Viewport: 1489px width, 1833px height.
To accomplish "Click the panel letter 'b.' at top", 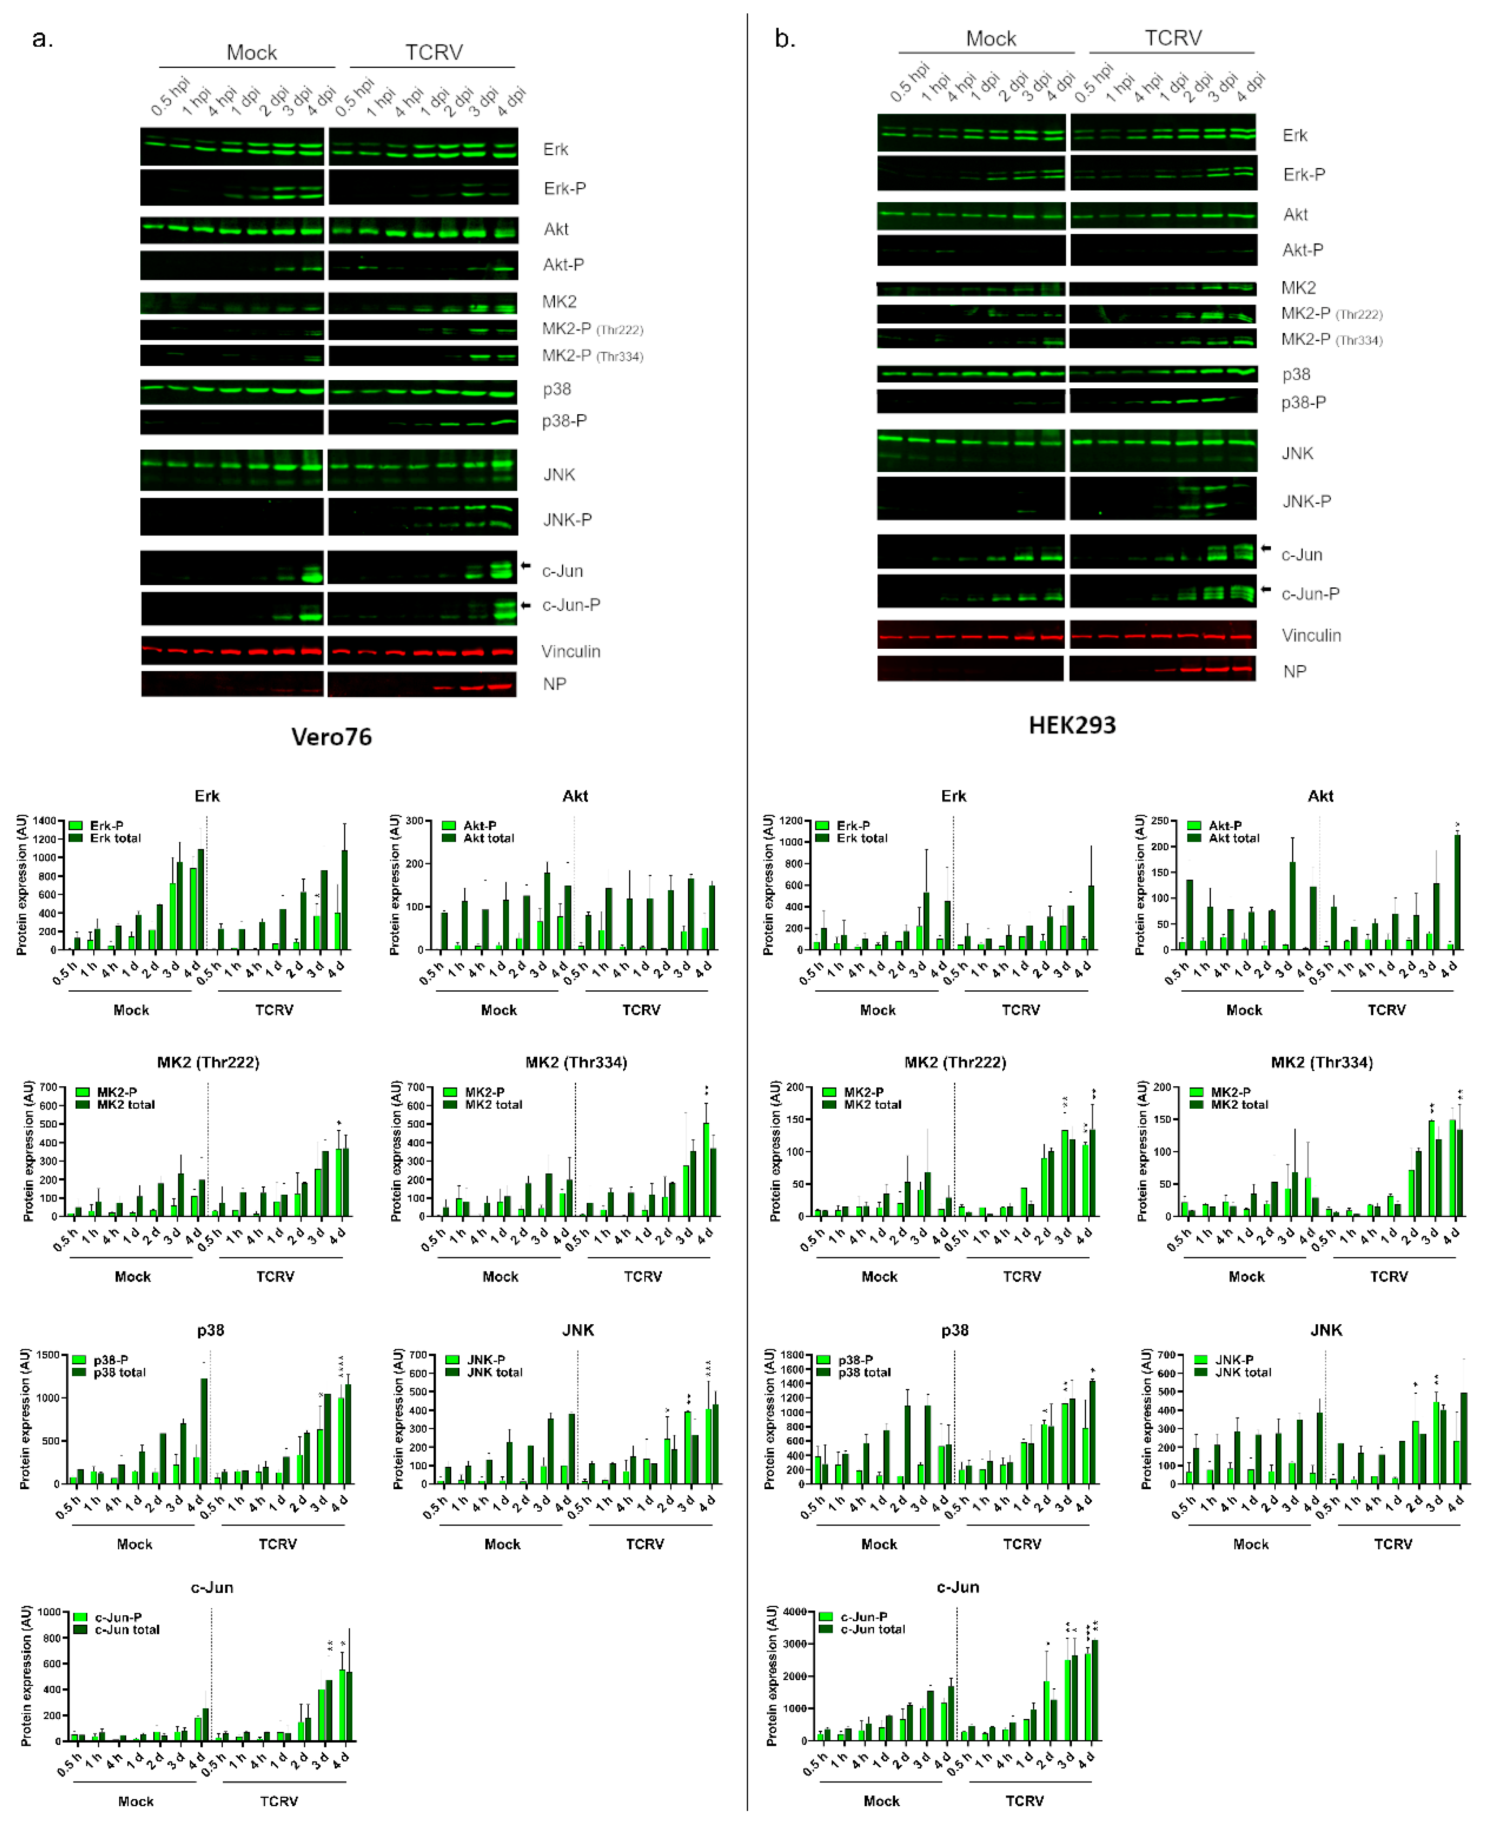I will pyautogui.click(x=784, y=39).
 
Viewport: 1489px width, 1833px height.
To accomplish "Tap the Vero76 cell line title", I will pyautogui.click(x=331, y=737).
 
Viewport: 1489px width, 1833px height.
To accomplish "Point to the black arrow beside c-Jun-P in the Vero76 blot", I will pyautogui.click(x=526, y=605).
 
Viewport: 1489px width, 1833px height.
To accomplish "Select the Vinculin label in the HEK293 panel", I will pyautogui.click(x=1311, y=636).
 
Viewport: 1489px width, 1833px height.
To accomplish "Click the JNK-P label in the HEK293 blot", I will pyautogui.click(x=1306, y=502).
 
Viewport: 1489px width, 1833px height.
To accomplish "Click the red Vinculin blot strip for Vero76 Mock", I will pyautogui.click(x=231, y=651).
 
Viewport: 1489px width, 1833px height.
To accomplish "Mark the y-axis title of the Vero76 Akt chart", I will pyautogui.click(x=395, y=885).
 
